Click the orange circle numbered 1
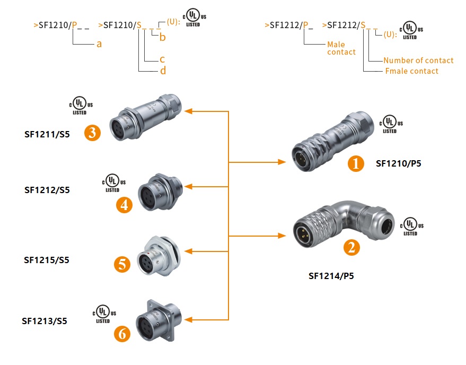[356, 163]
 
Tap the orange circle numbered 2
[350, 247]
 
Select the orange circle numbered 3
[92, 133]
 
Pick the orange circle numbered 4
[124, 205]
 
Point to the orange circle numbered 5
[122, 264]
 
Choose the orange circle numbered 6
[122, 334]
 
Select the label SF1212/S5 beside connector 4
[47, 189]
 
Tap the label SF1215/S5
[47, 260]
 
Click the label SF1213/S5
[45, 320]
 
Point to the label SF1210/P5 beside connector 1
[398, 163]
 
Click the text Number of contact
[418, 60]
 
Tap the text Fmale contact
[411, 71]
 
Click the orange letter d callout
[163, 71]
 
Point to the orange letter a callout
[99, 44]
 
